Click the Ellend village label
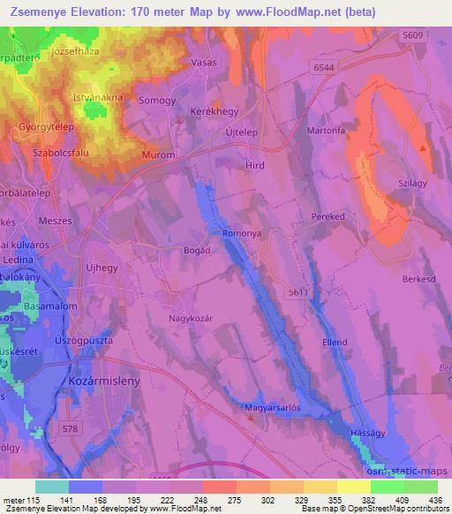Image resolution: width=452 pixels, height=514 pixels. click(x=334, y=342)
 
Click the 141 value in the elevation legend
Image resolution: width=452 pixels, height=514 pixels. click(x=68, y=501)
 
